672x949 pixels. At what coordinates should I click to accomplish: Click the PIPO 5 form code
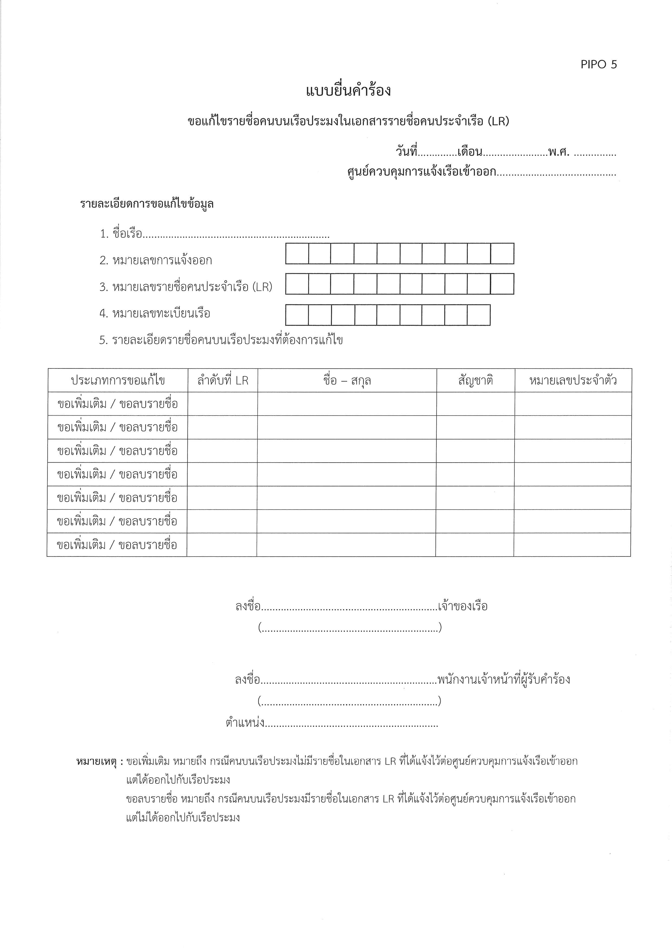(x=598, y=64)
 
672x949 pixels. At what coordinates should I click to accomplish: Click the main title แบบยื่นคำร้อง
(x=348, y=91)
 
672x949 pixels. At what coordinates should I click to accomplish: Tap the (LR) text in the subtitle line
(x=498, y=121)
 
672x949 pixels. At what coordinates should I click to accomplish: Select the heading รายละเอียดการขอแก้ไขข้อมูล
(x=147, y=204)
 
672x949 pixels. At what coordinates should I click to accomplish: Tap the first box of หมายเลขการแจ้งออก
(x=297, y=254)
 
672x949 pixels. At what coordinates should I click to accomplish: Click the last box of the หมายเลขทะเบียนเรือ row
(x=479, y=315)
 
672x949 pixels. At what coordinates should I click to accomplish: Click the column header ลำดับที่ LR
(x=223, y=381)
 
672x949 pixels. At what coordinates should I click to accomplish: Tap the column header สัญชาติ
(x=475, y=381)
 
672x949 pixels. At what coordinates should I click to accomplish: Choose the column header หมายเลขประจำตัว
(x=573, y=381)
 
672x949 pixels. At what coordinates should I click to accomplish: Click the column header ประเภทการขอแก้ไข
(x=118, y=381)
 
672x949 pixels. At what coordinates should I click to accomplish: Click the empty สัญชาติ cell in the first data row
(x=475, y=404)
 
